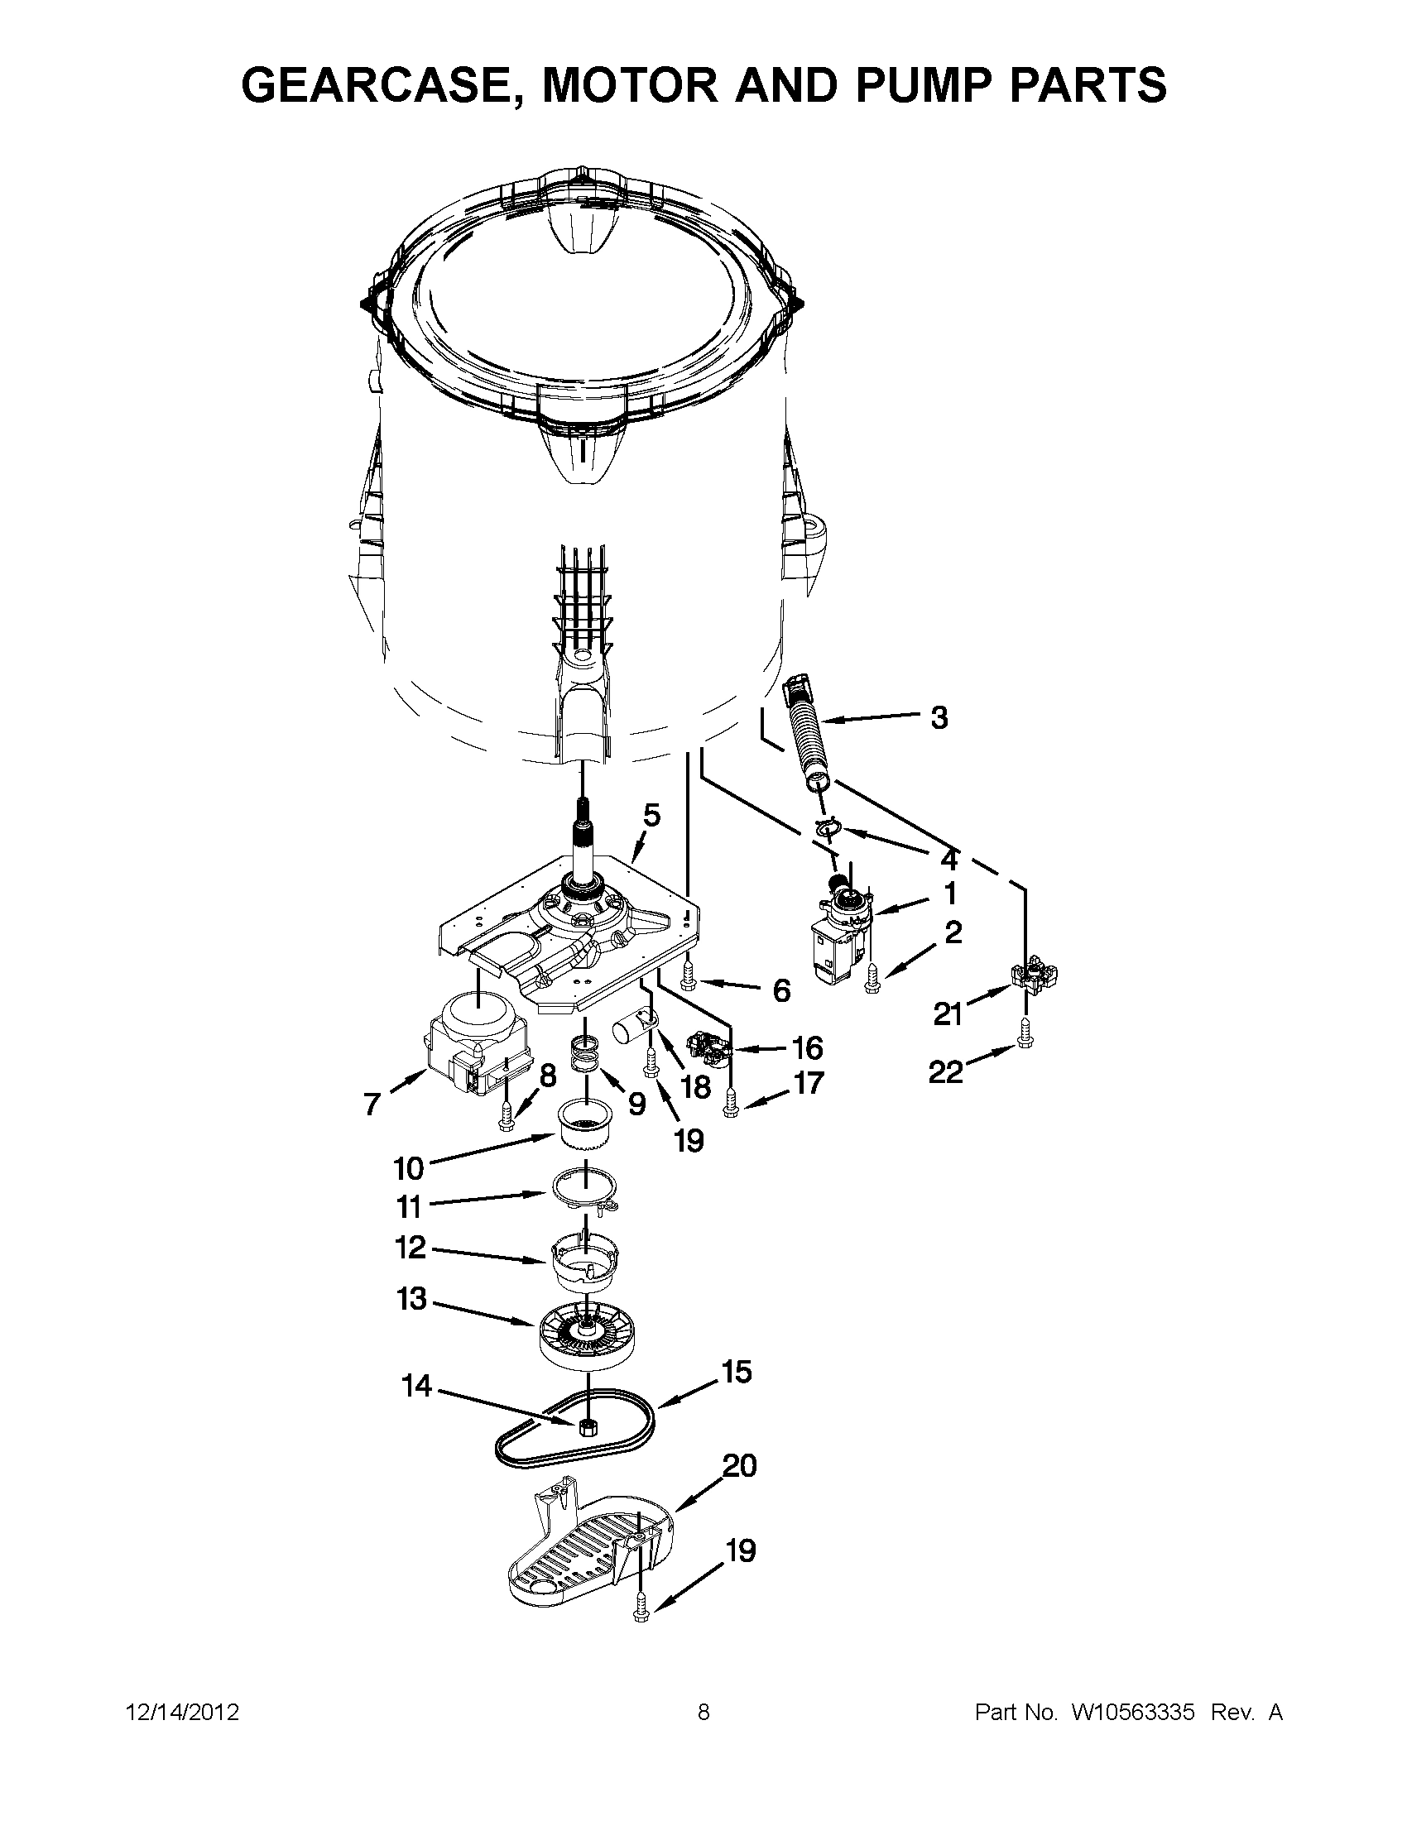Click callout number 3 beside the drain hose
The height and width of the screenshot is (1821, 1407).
coord(939,717)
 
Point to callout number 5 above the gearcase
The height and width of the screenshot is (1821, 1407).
coord(651,815)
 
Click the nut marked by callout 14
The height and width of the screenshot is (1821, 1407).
coord(586,1426)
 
